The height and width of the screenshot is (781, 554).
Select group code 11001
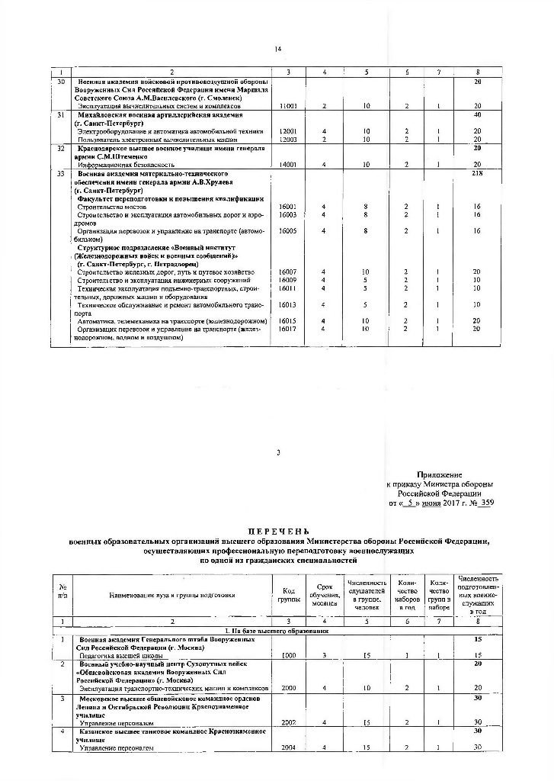pos(288,106)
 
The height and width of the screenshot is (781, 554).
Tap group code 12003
pos(288,140)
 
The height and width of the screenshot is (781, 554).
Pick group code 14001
pos(288,165)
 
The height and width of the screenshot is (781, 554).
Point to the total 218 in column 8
pos(477,173)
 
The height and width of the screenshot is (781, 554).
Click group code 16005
pos(288,230)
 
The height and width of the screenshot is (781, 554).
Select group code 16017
pos(288,329)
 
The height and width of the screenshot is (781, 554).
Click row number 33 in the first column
pos(61,173)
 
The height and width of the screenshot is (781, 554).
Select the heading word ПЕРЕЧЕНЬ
pos(277,531)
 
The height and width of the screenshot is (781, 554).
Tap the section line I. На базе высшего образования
pos(277,632)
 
